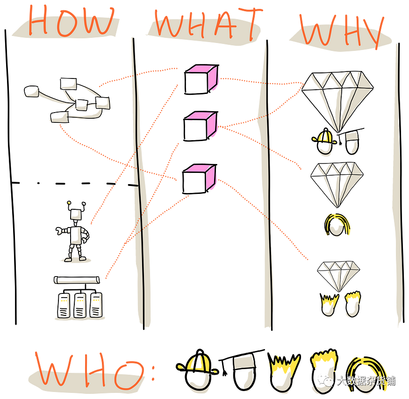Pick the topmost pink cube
click(x=201, y=79)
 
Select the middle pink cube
click(x=201, y=126)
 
